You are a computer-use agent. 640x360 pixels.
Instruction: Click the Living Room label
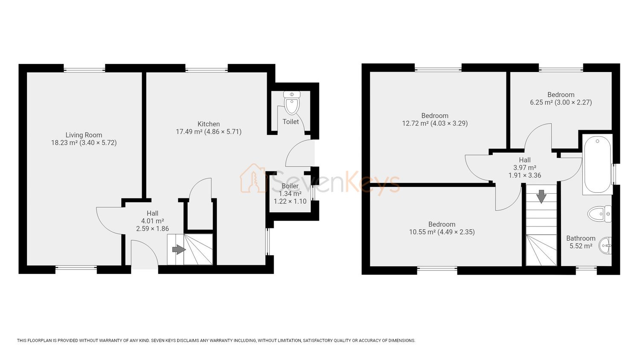84,135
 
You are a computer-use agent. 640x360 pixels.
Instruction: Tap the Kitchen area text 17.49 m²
189,132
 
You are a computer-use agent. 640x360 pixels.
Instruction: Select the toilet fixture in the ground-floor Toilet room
292,103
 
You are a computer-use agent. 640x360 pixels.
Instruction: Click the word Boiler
290,186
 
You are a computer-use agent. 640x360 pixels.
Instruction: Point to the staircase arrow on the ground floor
179,250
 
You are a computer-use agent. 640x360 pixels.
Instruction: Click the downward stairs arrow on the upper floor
541,197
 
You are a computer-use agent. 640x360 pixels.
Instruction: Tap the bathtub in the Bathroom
597,165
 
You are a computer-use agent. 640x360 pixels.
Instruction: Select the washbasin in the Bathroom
605,245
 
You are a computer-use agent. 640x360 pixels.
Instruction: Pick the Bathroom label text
581,238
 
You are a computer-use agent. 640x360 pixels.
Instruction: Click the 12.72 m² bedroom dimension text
435,123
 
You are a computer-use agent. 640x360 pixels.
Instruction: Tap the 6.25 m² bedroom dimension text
561,102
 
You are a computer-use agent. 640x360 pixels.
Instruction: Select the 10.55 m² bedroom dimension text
442,232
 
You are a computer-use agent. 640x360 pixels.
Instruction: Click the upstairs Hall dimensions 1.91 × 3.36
524,175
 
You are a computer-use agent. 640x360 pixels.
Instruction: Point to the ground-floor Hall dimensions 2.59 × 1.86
153,229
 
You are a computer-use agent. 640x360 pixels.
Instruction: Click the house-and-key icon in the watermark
253,178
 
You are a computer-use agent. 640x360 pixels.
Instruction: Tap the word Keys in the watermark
372,181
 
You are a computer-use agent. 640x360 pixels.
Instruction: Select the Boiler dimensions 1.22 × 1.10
290,201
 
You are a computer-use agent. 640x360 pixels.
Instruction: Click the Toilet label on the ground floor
291,122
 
